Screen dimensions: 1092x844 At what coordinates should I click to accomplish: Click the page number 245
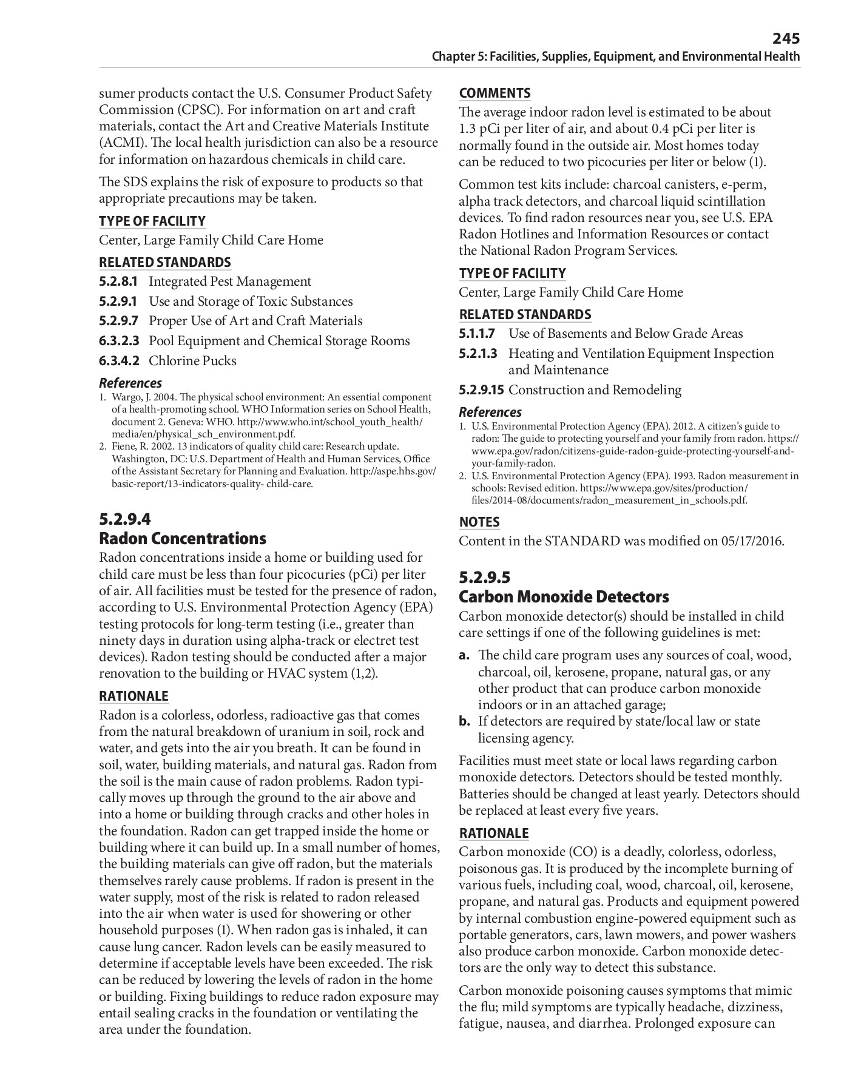[x=786, y=39]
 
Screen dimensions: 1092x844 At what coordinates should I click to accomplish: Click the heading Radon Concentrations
[x=183, y=539]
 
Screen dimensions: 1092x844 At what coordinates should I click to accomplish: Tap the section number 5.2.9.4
[x=125, y=519]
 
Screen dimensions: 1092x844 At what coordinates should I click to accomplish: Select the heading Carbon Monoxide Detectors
[x=564, y=597]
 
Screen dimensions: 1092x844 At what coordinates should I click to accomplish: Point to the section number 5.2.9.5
[x=485, y=578]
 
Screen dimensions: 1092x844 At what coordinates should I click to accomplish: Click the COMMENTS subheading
[x=495, y=93]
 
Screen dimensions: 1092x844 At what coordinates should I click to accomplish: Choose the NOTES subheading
[x=479, y=522]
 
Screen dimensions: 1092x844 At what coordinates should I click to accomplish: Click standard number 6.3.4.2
[x=119, y=361]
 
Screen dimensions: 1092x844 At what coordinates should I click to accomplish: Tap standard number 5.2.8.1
[x=119, y=281]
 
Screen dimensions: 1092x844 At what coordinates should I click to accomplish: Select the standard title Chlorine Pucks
[x=192, y=361]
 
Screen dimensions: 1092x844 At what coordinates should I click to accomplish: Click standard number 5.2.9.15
[x=482, y=390]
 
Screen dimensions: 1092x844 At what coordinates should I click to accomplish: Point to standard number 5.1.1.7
[x=478, y=334]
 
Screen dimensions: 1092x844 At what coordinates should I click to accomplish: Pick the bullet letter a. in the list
[x=465, y=656]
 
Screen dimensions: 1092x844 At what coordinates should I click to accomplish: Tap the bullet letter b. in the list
[x=465, y=722]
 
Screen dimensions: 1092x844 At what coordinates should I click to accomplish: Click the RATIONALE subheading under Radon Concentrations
[x=133, y=696]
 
